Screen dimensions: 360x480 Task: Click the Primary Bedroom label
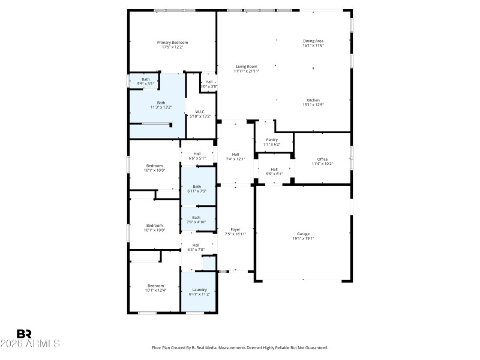(x=172, y=43)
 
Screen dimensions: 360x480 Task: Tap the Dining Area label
(x=313, y=41)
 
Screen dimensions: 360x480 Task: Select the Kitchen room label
(x=313, y=100)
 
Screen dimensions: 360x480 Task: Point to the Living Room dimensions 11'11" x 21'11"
(x=246, y=71)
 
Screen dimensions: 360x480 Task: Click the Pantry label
(x=272, y=140)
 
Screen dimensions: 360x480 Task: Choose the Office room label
(x=322, y=159)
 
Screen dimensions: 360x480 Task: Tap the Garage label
(x=303, y=234)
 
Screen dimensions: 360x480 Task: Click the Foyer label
(x=235, y=230)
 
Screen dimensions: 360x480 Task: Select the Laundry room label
(x=199, y=290)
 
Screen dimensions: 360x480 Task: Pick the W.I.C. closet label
(x=199, y=112)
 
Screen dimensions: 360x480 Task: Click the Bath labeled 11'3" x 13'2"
(x=161, y=103)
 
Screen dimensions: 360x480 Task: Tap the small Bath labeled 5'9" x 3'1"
(x=146, y=79)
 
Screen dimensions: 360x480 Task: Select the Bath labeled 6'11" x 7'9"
(x=197, y=187)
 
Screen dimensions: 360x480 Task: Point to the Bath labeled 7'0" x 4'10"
(x=196, y=217)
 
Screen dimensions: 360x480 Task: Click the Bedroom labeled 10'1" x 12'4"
(x=155, y=286)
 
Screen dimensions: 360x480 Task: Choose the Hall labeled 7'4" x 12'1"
(x=235, y=154)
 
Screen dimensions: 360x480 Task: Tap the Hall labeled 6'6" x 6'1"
(x=274, y=169)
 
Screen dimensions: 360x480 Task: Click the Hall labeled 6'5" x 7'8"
(x=196, y=245)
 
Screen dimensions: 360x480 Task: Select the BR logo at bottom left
(x=24, y=334)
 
